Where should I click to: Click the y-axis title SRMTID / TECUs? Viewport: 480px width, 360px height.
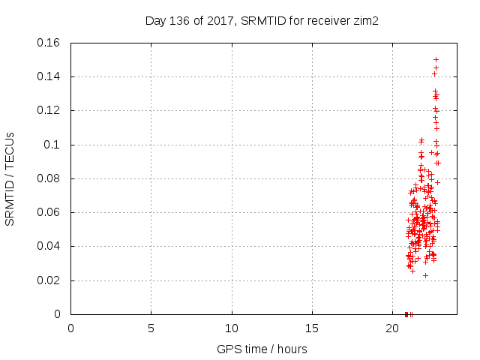point(10,178)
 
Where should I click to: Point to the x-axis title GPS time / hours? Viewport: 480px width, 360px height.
point(262,349)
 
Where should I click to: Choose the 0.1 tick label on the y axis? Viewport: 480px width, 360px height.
point(54,145)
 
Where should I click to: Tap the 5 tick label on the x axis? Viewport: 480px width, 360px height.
point(151,328)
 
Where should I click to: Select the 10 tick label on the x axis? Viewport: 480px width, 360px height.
point(232,328)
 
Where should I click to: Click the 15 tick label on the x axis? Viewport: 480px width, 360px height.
point(312,328)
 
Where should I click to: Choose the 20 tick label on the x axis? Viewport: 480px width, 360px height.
point(392,328)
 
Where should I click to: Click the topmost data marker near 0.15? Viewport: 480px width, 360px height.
point(436,59)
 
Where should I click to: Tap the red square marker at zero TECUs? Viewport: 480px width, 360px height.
point(406,314)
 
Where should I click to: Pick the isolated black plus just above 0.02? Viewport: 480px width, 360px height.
point(425,275)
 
